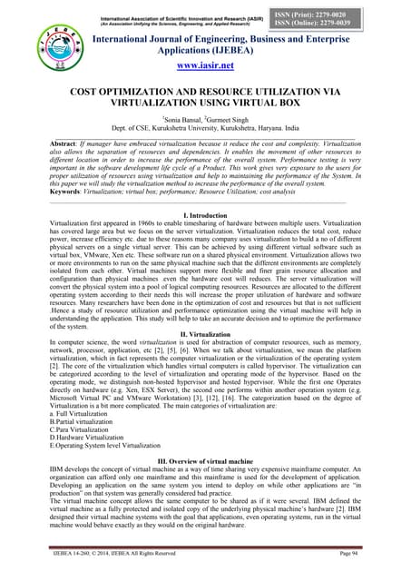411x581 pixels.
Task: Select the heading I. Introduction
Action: [205, 212]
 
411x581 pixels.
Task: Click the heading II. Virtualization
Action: [205, 332]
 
